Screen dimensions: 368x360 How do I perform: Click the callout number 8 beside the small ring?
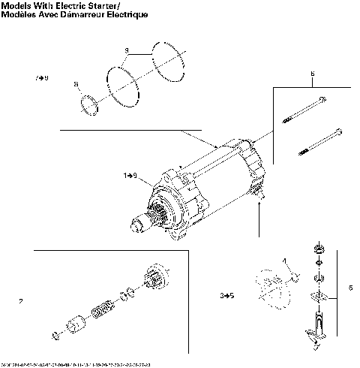76,84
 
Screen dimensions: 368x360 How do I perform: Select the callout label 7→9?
41,78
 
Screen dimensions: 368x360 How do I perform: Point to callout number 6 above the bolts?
311,74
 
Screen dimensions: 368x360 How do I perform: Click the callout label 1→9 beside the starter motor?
130,175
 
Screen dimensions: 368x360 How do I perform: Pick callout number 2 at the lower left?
21,302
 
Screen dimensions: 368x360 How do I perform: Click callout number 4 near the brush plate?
285,261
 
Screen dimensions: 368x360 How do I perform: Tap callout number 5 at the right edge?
350,288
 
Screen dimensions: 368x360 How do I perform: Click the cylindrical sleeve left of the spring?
74,327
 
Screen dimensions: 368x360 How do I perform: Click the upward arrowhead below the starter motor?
259,204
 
